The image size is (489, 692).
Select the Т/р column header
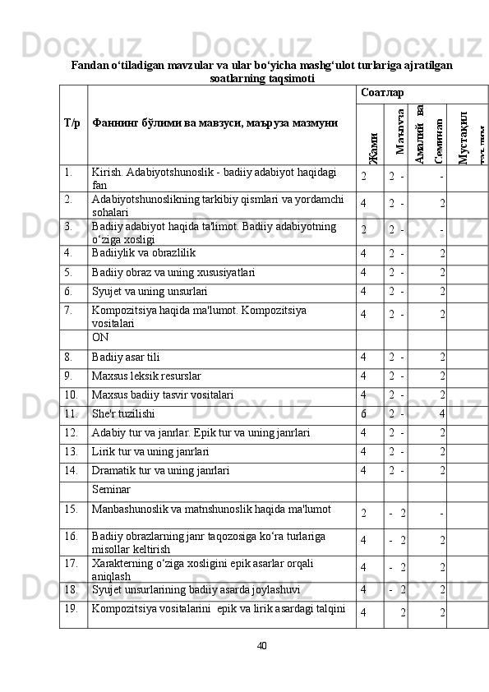tap(72, 122)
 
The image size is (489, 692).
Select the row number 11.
tap(72, 414)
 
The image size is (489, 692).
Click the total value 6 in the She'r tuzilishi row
tap(362, 414)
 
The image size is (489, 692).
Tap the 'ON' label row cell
tap(100, 337)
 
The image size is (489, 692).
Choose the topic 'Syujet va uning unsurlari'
tap(150, 291)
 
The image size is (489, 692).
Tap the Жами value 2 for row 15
tap(363, 514)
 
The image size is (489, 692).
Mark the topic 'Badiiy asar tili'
tap(127, 357)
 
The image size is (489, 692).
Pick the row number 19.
tap(72, 609)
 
